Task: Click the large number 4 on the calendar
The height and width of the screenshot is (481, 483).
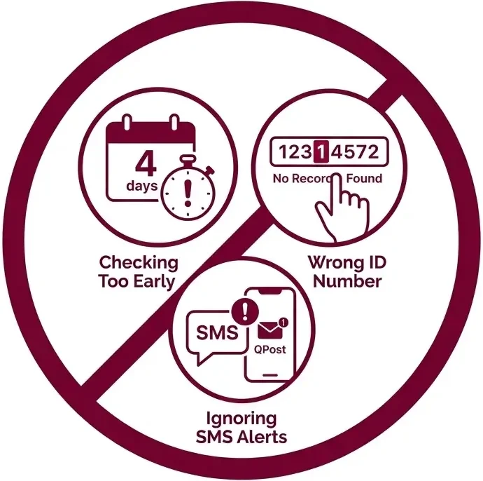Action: [x=146, y=163]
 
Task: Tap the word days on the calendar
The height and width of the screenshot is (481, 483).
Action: [x=141, y=186]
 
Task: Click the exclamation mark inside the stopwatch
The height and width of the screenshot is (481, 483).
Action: [x=188, y=194]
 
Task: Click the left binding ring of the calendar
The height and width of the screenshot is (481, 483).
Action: [x=127, y=122]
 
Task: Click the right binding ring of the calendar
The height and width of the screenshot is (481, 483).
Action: [x=174, y=122]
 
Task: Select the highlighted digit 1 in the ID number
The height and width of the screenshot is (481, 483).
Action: [x=321, y=151]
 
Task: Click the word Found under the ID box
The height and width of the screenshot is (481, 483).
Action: [x=365, y=178]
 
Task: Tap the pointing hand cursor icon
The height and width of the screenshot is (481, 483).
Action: [x=342, y=208]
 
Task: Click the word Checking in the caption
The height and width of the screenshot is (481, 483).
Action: [x=139, y=264]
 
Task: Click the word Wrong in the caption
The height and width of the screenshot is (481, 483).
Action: [x=332, y=262]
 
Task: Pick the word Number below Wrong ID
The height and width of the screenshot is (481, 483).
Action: [x=347, y=281]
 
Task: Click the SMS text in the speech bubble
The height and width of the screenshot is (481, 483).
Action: [x=218, y=333]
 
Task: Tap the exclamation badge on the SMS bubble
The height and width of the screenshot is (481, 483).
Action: [x=245, y=311]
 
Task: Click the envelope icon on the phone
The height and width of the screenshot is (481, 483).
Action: [x=269, y=330]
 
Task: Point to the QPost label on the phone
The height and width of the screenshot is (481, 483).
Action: [x=269, y=350]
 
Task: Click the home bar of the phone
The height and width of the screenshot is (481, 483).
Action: [x=270, y=375]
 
